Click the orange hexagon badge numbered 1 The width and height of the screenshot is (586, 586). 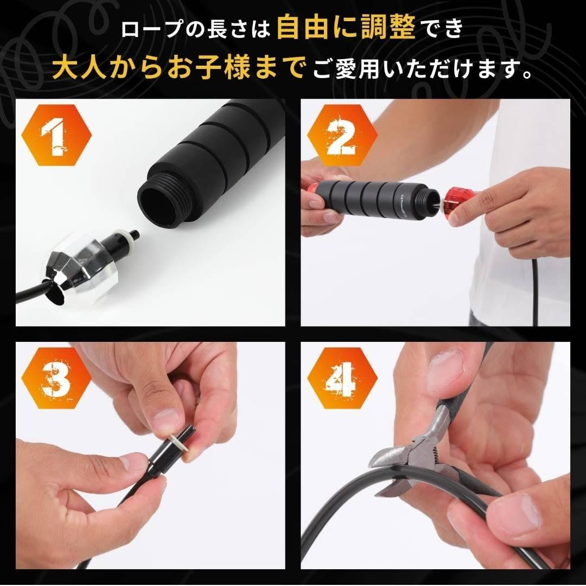(x=56, y=135)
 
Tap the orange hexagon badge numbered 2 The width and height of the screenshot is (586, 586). (x=342, y=135)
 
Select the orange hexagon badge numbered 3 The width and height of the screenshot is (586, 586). (x=56, y=378)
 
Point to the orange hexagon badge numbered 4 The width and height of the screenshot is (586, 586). (x=342, y=378)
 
